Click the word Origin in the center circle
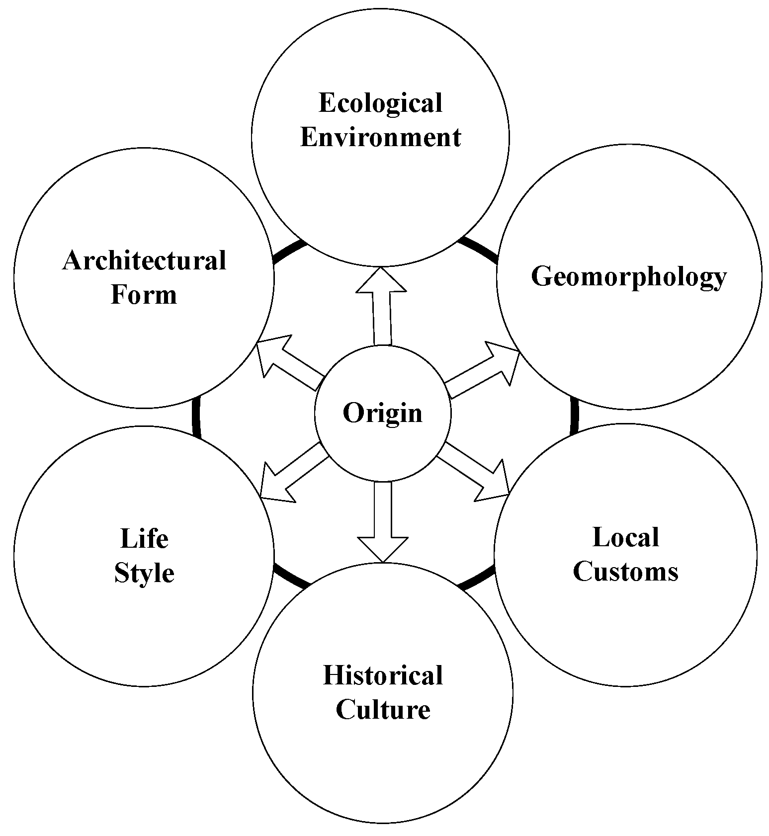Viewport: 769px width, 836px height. click(x=382, y=413)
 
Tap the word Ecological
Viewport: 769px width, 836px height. click(x=380, y=103)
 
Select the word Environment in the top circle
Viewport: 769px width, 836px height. click(x=380, y=137)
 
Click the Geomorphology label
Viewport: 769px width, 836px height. click(x=628, y=276)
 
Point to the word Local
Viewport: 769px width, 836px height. click(x=626, y=537)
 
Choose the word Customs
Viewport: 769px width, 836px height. click(x=625, y=571)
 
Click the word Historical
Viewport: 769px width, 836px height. click(x=383, y=675)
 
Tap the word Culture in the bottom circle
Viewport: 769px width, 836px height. click(x=383, y=709)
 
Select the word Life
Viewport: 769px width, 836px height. click(x=144, y=538)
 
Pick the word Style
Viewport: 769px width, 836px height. click(x=144, y=573)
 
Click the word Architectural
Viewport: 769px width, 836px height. click(x=144, y=260)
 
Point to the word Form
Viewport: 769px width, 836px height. click(x=144, y=294)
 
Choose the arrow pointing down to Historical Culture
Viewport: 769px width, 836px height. click(x=383, y=522)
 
